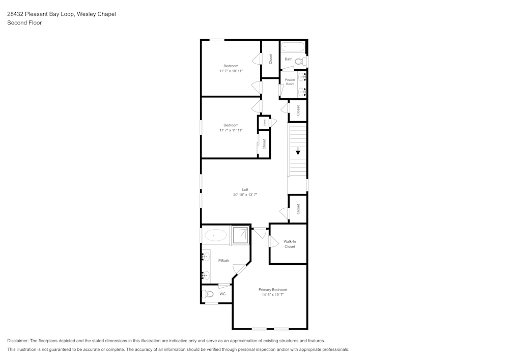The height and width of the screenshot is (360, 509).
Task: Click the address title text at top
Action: click(x=61, y=14)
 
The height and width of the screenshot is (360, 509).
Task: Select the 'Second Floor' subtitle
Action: click(x=24, y=23)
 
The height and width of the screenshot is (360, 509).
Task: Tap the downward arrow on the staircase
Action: click(x=298, y=151)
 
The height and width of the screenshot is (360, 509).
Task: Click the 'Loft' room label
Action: click(x=245, y=189)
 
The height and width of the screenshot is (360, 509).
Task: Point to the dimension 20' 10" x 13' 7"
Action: click(x=245, y=195)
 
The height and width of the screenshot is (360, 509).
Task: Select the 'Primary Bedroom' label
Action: click(x=272, y=289)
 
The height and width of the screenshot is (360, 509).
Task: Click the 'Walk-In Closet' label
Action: click(x=290, y=244)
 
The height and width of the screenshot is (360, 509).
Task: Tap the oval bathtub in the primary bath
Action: click(x=216, y=235)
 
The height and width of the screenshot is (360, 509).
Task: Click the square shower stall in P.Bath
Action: click(x=240, y=235)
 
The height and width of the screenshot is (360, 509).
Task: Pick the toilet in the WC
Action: click(x=207, y=294)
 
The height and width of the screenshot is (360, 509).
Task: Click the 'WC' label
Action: click(x=222, y=294)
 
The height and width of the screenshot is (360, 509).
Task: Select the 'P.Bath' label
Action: click(x=223, y=261)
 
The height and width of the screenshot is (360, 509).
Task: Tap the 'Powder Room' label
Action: click(x=290, y=81)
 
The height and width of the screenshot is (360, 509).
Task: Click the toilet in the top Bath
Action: click(x=300, y=61)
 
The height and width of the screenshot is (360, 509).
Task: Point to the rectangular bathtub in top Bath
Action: click(x=293, y=46)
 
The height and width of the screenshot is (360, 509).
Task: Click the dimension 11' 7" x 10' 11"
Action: click(x=231, y=71)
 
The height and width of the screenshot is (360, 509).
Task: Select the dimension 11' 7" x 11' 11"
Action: click(x=231, y=130)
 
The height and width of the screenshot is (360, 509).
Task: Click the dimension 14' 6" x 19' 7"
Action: click(x=272, y=294)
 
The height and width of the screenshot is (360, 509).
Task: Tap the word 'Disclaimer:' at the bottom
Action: click(x=18, y=341)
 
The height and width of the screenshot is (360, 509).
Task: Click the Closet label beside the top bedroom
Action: click(x=271, y=59)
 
